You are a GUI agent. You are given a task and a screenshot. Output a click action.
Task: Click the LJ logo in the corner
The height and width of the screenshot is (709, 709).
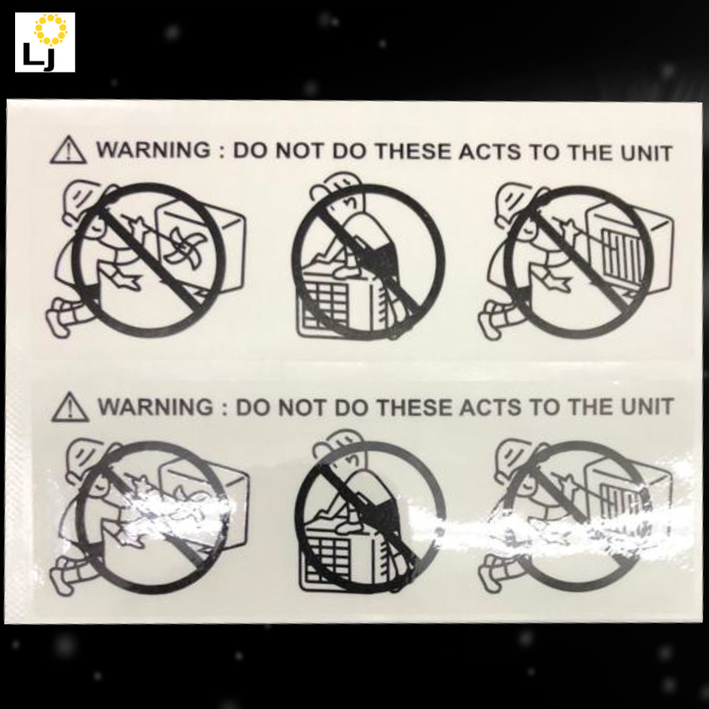45,42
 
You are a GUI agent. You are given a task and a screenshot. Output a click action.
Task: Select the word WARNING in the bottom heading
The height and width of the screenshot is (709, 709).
156,407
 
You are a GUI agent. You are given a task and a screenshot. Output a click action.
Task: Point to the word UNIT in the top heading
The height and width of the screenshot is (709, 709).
646,154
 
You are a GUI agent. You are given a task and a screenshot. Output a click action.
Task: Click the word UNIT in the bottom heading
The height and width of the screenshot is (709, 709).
647,407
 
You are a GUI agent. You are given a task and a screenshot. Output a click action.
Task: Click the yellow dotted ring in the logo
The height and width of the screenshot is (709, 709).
51,30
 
